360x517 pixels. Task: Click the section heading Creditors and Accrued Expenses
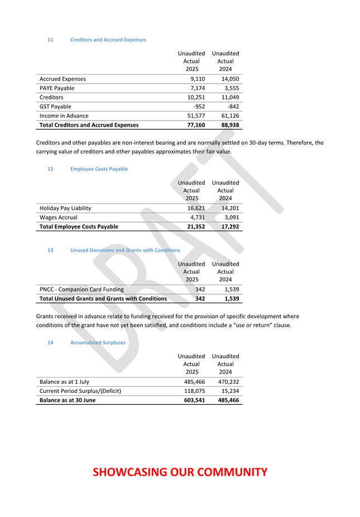click(x=108, y=40)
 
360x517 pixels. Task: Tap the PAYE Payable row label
click(x=56, y=88)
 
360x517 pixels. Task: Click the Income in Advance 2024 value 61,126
click(x=230, y=116)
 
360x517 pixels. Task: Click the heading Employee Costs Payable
click(x=99, y=169)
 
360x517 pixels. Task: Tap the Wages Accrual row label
click(x=58, y=217)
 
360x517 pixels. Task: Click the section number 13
click(x=50, y=250)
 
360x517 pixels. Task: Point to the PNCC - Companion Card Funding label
click(x=81, y=289)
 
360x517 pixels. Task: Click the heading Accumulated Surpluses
click(x=98, y=342)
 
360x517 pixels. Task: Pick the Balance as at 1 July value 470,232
click(x=228, y=382)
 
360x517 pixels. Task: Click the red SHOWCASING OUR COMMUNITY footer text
click(x=180, y=472)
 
